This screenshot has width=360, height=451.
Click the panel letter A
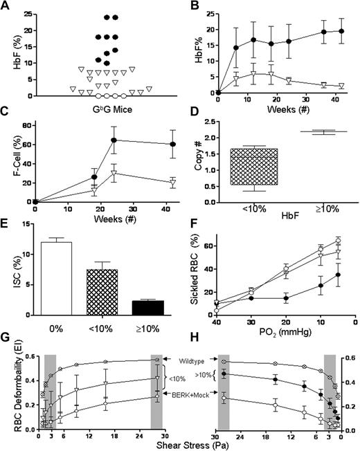tap(6, 7)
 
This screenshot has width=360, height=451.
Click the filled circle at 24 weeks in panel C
tap(114, 140)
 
